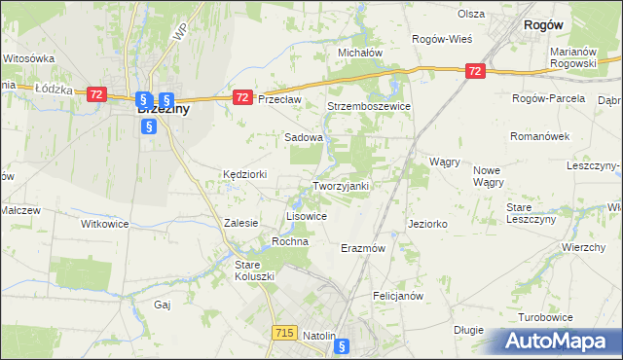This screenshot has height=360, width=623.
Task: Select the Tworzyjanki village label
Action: coord(340,186)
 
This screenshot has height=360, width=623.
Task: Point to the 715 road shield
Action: coord(284,333)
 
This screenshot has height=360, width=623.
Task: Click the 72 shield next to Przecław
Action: coord(243,97)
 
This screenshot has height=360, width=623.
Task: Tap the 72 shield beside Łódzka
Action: coord(95,93)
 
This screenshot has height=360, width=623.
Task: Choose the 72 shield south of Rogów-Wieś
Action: coord(474,71)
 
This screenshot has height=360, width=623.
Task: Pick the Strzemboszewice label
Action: coord(369,106)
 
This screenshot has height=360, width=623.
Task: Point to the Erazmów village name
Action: coord(364,248)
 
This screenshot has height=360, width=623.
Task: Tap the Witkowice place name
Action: coord(104,223)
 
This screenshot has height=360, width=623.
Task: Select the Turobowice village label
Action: coord(545,318)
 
